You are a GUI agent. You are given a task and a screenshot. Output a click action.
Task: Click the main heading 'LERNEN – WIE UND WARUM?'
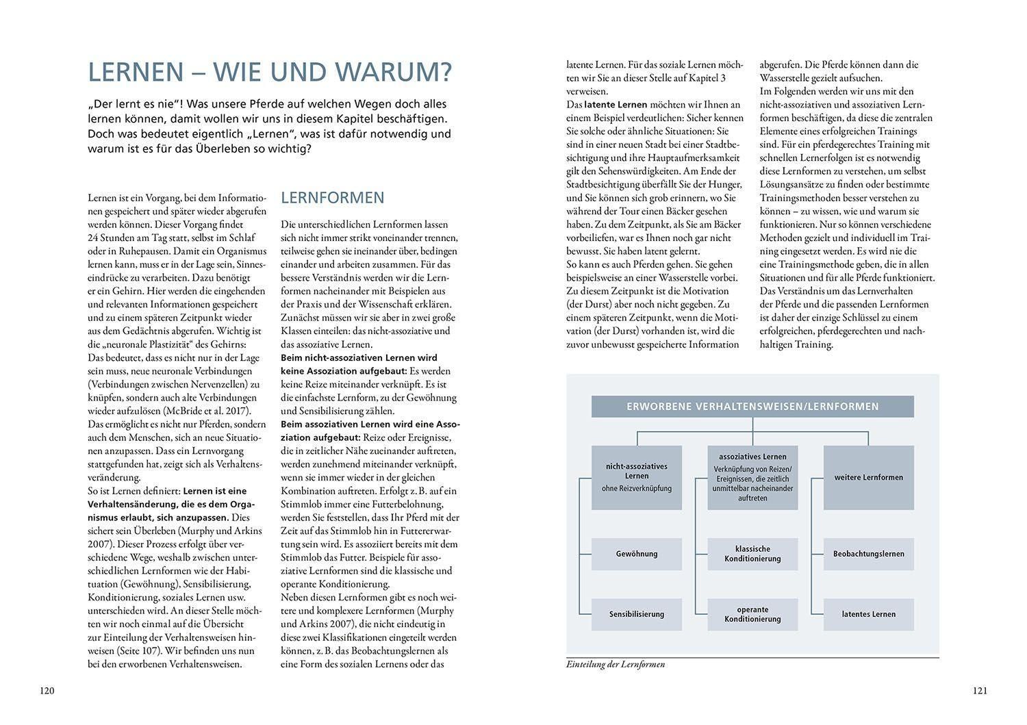click(x=270, y=72)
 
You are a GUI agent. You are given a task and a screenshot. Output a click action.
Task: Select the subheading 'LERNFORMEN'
click(x=333, y=198)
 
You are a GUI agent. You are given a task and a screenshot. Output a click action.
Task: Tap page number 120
click(x=47, y=691)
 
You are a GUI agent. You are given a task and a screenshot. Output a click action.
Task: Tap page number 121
click(x=980, y=691)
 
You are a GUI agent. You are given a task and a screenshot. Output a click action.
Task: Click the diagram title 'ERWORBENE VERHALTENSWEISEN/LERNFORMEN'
click(x=752, y=407)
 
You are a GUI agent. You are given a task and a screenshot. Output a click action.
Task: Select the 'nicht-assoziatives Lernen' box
click(x=636, y=477)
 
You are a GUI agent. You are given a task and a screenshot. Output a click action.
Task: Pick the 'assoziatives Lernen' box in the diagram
click(x=752, y=477)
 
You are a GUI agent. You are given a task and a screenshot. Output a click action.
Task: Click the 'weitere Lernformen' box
click(x=868, y=477)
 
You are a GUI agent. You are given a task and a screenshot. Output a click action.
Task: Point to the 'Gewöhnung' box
click(x=636, y=554)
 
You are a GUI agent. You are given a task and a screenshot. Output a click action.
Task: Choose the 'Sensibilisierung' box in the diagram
click(x=636, y=614)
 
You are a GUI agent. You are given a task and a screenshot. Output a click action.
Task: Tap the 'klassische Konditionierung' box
click(x=752, y=554)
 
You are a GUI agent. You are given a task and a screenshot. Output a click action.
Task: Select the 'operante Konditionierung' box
click(x=752, y=614)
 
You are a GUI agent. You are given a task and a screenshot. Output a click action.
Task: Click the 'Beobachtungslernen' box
click(x=868, y=554)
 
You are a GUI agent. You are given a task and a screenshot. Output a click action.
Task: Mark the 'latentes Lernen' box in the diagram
click(x=868, y=614)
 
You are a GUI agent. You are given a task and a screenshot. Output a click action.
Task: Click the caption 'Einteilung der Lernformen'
click(x=616, y=664)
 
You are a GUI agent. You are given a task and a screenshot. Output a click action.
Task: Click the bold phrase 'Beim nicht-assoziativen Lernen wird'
click(x=359, y=358)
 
